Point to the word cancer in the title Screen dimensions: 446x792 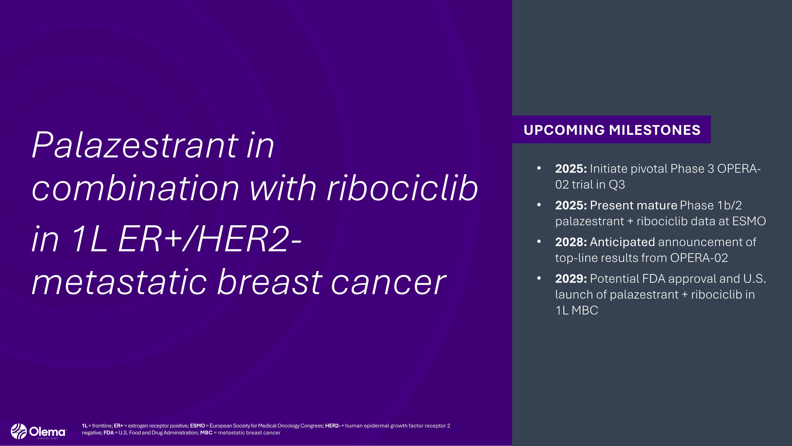pos(388,282)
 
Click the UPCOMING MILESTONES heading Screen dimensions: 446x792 pos(612,130)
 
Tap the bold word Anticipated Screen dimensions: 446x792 pos(622,242)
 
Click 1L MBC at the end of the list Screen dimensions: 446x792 pos(577,310)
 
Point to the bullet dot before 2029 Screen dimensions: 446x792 pos(539,278)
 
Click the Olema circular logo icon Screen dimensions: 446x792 pos(19,431)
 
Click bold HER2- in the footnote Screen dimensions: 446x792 pos(332,426)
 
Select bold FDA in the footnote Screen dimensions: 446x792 pos(109,433)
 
